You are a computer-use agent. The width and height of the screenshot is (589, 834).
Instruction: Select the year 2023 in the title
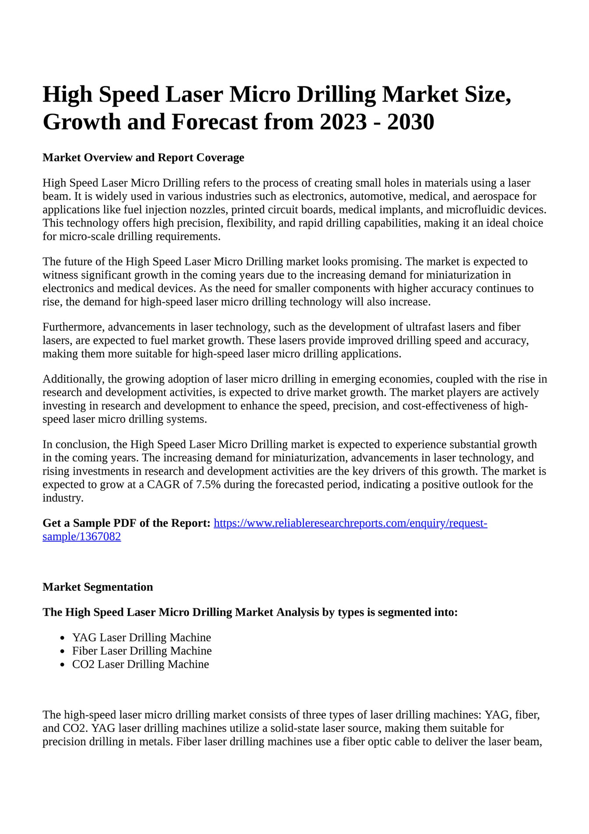pyautogui.click(x=343, y=122)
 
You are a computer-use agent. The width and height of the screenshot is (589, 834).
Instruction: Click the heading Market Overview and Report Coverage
pyautogui.click(x=143, y=157)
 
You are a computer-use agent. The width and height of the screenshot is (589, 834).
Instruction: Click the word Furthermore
pyautogui.click(x=74, y=327)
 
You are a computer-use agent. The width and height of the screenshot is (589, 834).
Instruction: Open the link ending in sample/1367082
pyautogui.click(x=82, y=537)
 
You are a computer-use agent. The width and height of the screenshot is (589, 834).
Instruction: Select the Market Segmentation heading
pyautogui.click(x=98, y=587)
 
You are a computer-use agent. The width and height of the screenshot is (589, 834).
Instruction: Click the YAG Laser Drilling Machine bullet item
pyautogui.click(x=141, y=638)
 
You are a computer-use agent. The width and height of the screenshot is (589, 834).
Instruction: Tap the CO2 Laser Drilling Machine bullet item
pyautogui.click(x=141, y=664)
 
